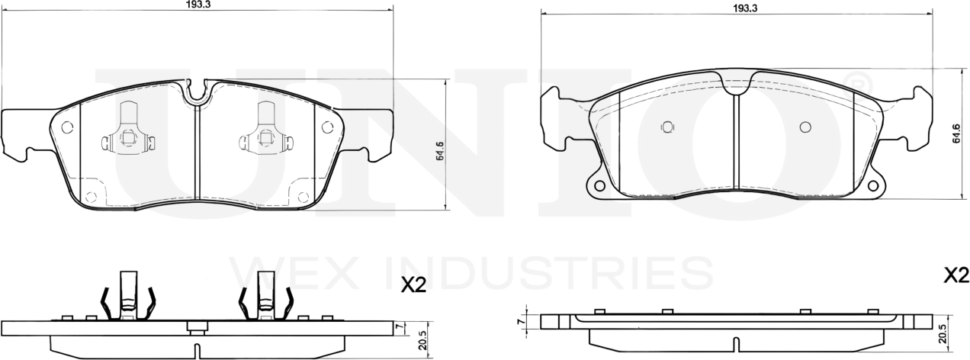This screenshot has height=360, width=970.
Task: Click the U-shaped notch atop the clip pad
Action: click(x=198, y=92)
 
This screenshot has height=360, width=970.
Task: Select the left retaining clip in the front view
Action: click(x=128, y=138)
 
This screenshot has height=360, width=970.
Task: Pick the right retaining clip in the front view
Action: click(x=265, y=138)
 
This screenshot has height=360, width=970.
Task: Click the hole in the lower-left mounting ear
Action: click(x=599, y=185)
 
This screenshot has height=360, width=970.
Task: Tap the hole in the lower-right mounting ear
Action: click(x=871, y=185)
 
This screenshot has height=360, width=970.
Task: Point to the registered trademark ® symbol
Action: click(x=857, y=79)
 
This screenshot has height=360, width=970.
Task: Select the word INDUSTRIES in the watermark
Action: click(x=541, y=272)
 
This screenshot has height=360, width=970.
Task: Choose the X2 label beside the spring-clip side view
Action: click(x=413, y=285)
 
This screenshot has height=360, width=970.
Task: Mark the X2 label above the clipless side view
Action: click(x=956, y=275)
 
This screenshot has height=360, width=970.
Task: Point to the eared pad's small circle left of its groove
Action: click(x=667, y=127)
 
